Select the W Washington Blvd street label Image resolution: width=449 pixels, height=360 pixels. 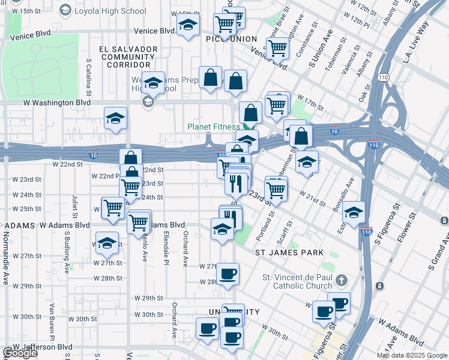click(56, 103)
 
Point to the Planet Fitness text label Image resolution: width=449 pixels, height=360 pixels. click(214, 127)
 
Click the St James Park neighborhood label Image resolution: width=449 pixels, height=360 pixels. click(289, 253)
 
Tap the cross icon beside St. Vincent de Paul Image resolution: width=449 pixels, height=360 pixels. click(342, 280)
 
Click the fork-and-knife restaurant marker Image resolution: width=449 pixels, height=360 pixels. click(237, 182)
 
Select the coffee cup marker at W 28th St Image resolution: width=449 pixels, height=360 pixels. click(228, 274)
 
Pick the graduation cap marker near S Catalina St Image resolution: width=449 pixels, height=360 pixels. click(116, 118)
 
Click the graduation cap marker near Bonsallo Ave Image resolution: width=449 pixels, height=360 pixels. click(354, 212)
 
